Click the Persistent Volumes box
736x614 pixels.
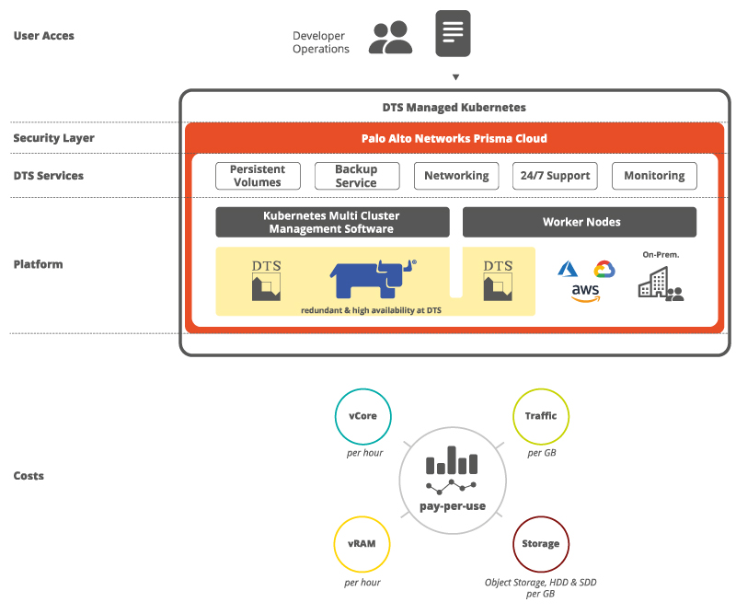[x=258, y=176]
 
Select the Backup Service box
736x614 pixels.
[x=357, y=176]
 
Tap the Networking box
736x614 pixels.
[x=456, y=176]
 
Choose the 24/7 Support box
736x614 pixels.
[x=555, y=176]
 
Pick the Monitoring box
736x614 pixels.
[x=654, y=176]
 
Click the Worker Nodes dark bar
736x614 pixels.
[x=580, y=222]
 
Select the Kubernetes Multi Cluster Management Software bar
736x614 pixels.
[x=332, y=222]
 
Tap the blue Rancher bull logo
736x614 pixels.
[x=374, y=279]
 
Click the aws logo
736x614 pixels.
[x=585, y=293]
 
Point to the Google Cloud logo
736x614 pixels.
[x=604, y=269]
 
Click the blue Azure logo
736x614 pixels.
[x=568, y=269]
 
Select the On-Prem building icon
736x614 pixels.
[x=661, y=283]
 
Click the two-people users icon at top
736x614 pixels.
[x=390, y=37]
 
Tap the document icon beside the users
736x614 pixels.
[x=453, y=33]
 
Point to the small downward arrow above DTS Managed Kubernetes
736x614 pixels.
[x=455, y=77]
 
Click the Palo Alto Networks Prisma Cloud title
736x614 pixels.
[x=454, y=139]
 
